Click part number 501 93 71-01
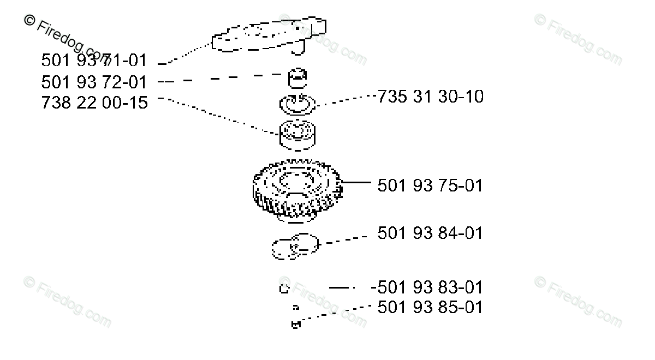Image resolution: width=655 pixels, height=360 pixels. coord(94,61)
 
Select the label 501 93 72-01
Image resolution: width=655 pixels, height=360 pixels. coord(94,82)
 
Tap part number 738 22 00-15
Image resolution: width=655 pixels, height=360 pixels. coord(94,103)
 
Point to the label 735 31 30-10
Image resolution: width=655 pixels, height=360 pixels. coord(430,97)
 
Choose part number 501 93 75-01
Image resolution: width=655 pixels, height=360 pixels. coord(430,185)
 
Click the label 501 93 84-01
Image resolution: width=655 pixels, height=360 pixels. coord(430,233)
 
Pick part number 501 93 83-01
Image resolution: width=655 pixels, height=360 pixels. coord(428,287)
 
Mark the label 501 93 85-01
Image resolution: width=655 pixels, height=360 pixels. coord(430,307)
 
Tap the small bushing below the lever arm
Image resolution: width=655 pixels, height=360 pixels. coord(297,77)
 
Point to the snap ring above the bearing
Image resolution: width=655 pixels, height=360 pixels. coord(297,104)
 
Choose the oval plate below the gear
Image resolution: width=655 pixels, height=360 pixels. coord(295,247)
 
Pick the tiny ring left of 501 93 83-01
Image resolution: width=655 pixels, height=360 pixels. coord(284,289)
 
